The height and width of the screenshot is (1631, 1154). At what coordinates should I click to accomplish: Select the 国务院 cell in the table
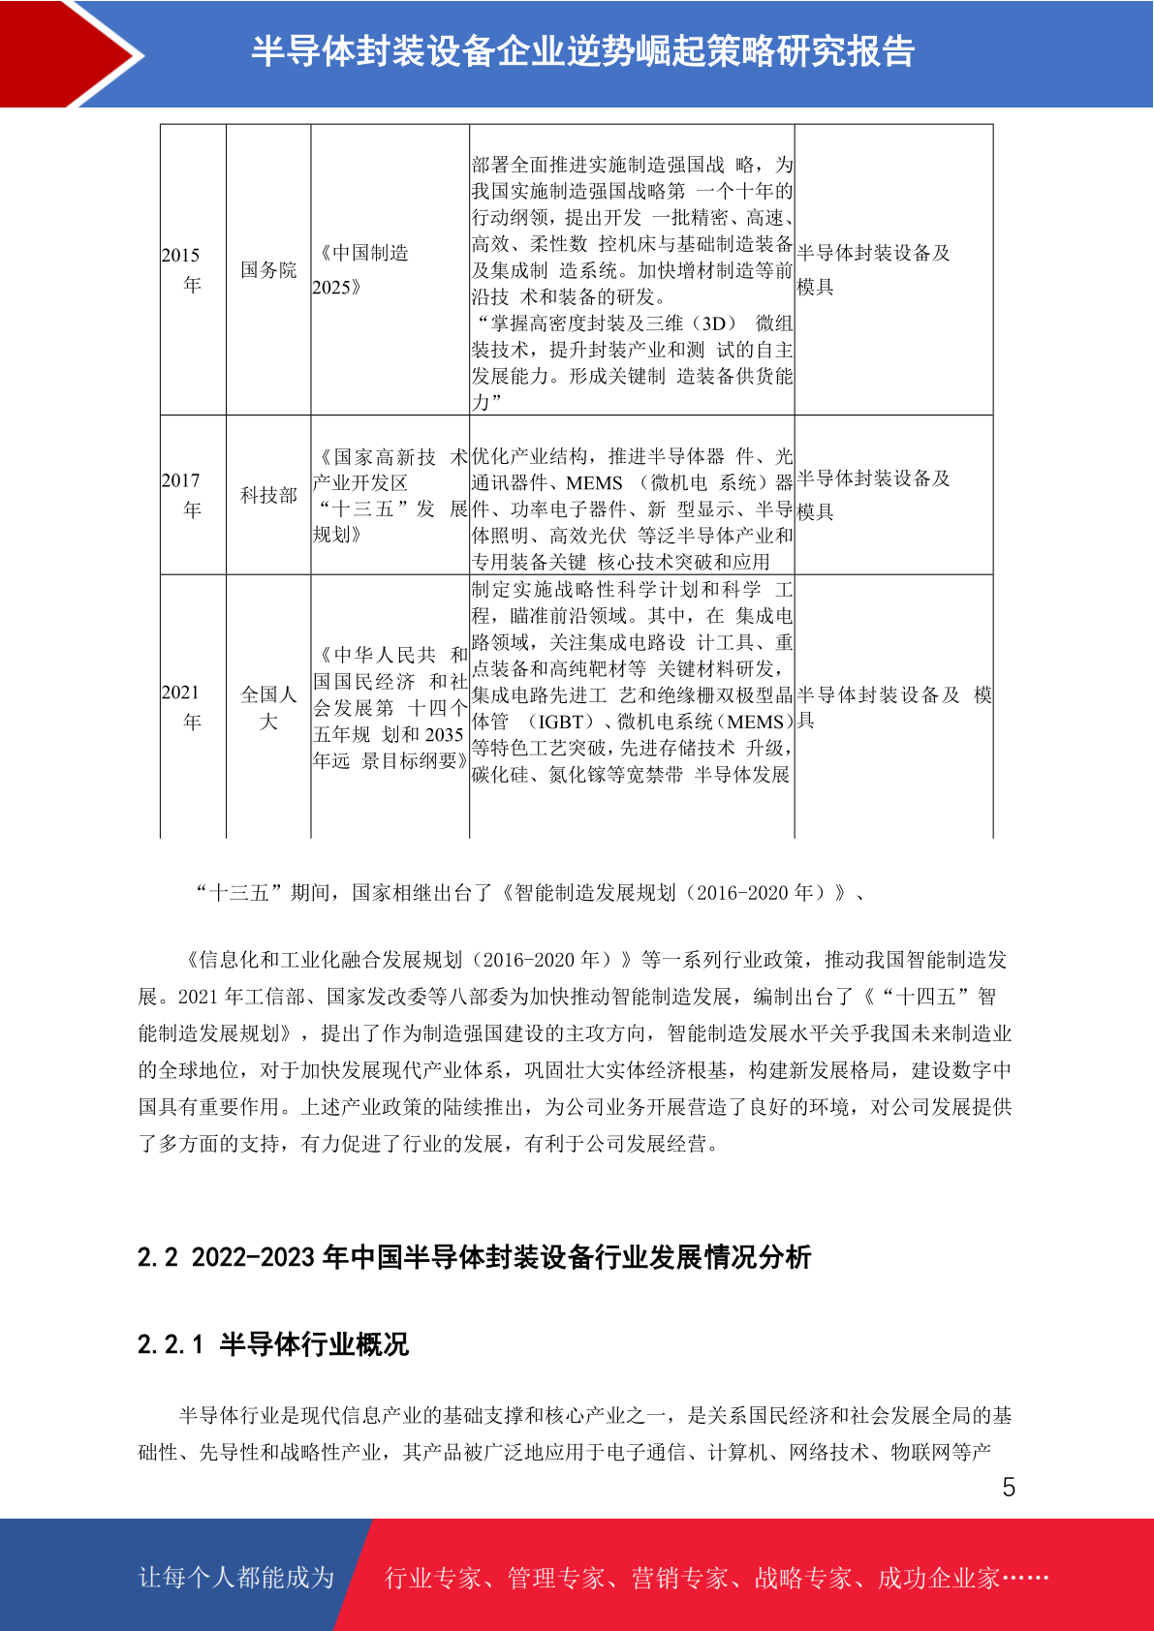pyautogui.click(x=268, y=270)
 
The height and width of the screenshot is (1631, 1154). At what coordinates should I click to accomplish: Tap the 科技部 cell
pyautogui.click(x=268, y=495)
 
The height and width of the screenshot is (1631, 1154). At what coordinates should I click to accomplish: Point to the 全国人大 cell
pyautogui.click(x=268, y=708)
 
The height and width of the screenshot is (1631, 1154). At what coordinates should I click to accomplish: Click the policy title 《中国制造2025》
pyautogui.click(x=363, y=269)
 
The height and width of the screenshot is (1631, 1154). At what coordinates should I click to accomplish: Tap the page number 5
pyautogui.click(x=1009, y=1488)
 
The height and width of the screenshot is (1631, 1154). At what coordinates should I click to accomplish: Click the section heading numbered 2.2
pyautogui.click(x=474, y=1257)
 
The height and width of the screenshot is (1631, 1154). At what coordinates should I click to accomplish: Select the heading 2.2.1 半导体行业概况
pyautogui.click(x=273, y=1344)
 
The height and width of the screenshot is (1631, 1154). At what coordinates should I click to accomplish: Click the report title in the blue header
pyautogui.click(x=583, y=51)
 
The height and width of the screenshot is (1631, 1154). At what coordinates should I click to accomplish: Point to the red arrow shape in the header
pyautogui.click(x=68, y=53)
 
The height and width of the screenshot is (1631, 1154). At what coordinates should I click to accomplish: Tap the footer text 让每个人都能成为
pyautogui.click(x=236, y=1578)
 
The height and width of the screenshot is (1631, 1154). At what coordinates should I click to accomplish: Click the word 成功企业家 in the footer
pyautogui.click(x=938, y=1579)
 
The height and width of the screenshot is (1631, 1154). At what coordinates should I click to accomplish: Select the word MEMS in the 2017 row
pyautogui.click(x=594, y=483)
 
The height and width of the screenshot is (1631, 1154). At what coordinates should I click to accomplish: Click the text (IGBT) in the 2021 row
pyautogui.click(x=563, y=722)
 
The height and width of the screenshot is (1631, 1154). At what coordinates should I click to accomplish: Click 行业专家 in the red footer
pyautogui.click(x=433, y=1579)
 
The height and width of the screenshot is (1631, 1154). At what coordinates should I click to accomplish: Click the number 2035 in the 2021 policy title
pyautogui.click(x=444, y=734)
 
